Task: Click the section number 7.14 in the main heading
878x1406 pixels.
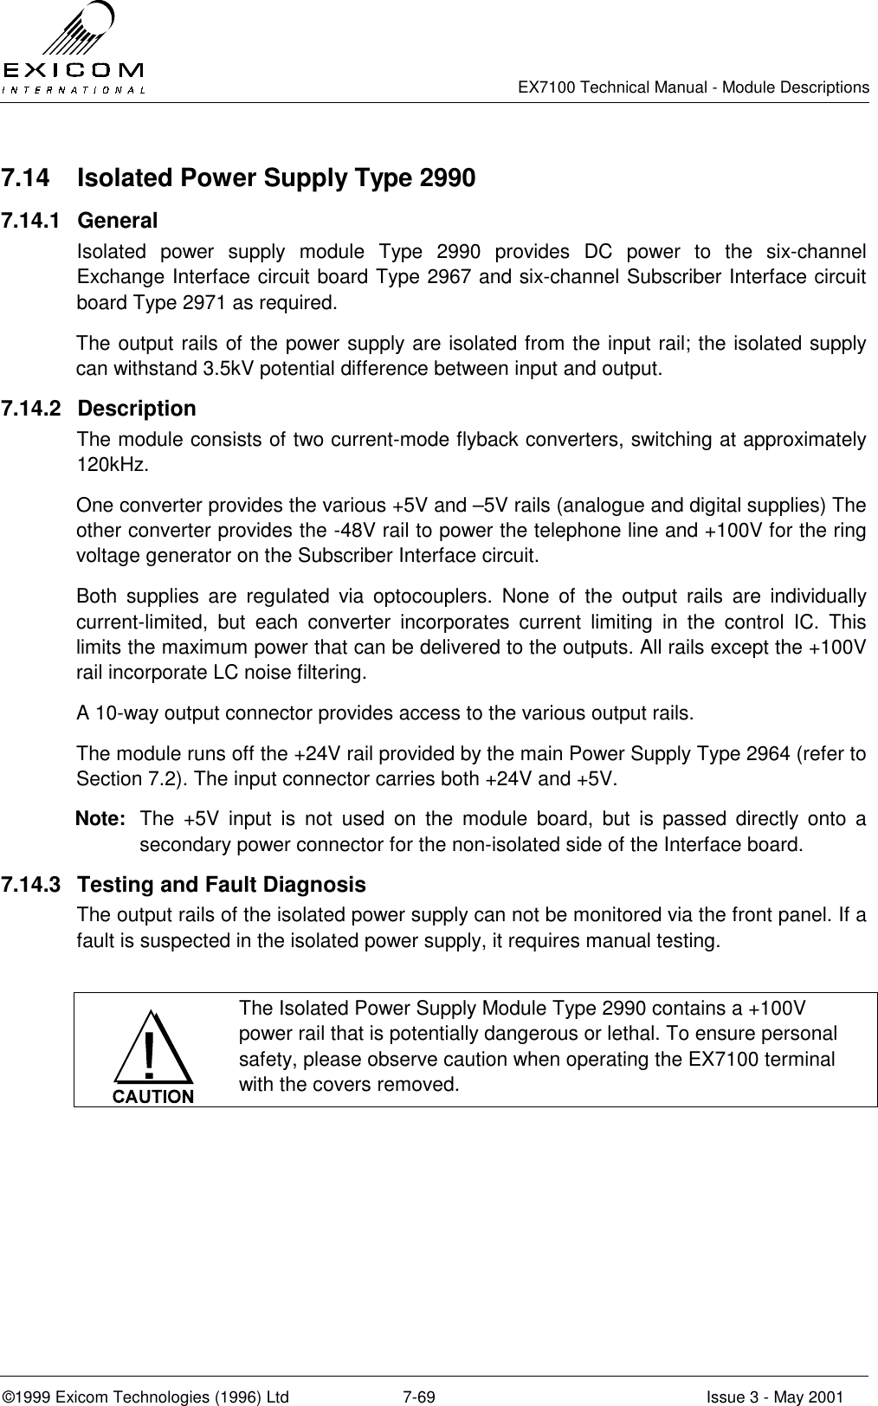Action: [24, 179]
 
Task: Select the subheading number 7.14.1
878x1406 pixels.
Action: [31, 221]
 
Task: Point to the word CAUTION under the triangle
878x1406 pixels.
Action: [152, 1095]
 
